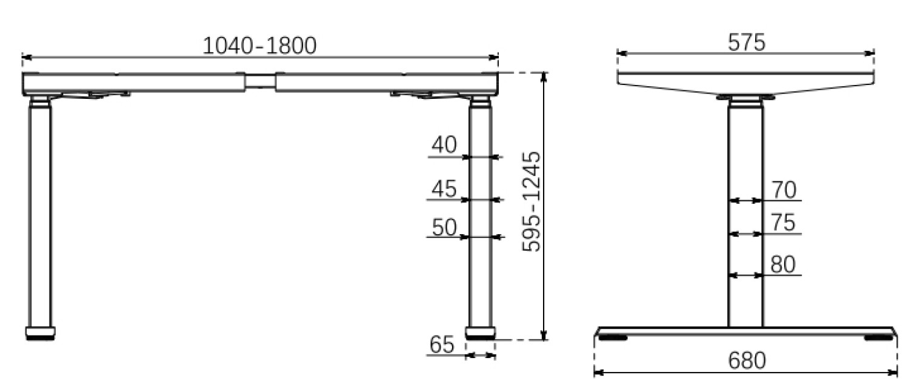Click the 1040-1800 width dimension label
point(259,46)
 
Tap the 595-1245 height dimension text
point(532,201)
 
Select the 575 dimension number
point(747,42)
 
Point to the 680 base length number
point(747,360)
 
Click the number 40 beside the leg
point(444,145)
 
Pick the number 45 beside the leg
point(444,189)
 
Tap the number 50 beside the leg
point(444,227)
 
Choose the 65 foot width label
point(442,344)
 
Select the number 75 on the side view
point(783,223)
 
